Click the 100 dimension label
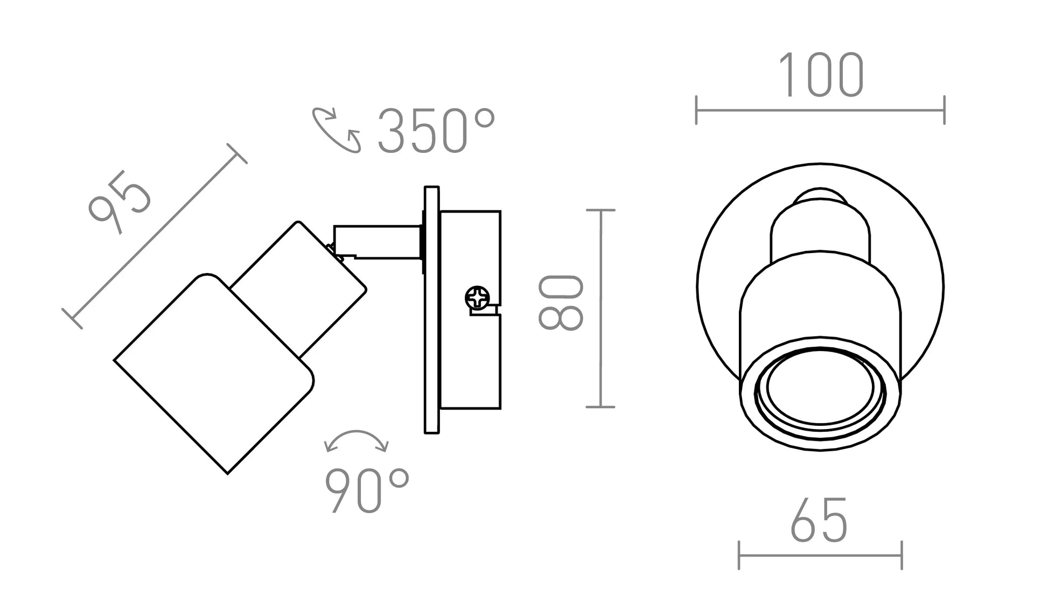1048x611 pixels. (821, 75)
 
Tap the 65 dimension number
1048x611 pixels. (819, 519)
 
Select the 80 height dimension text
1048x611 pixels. (561, 303)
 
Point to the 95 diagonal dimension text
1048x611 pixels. (120, 202)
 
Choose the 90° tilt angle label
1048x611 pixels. (367, 490)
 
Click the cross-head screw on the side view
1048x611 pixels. (477, 297)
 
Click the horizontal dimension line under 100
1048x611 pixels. (820, 110)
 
